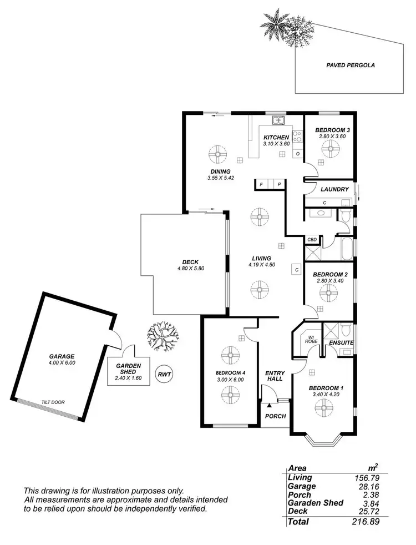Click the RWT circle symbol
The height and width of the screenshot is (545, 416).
click(164, 374)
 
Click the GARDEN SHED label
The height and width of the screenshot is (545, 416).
click(129, 369)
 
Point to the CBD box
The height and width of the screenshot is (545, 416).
click(312, 240)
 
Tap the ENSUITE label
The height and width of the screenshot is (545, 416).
click(342, 342)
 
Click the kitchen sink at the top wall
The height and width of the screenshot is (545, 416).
click(277, 120)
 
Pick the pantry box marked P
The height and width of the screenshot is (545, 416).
click(279, 184)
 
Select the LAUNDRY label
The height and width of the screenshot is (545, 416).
click(334, 189)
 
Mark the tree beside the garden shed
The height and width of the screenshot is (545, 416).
click(163, 337)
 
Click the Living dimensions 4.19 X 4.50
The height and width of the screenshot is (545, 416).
click(261, 265)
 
